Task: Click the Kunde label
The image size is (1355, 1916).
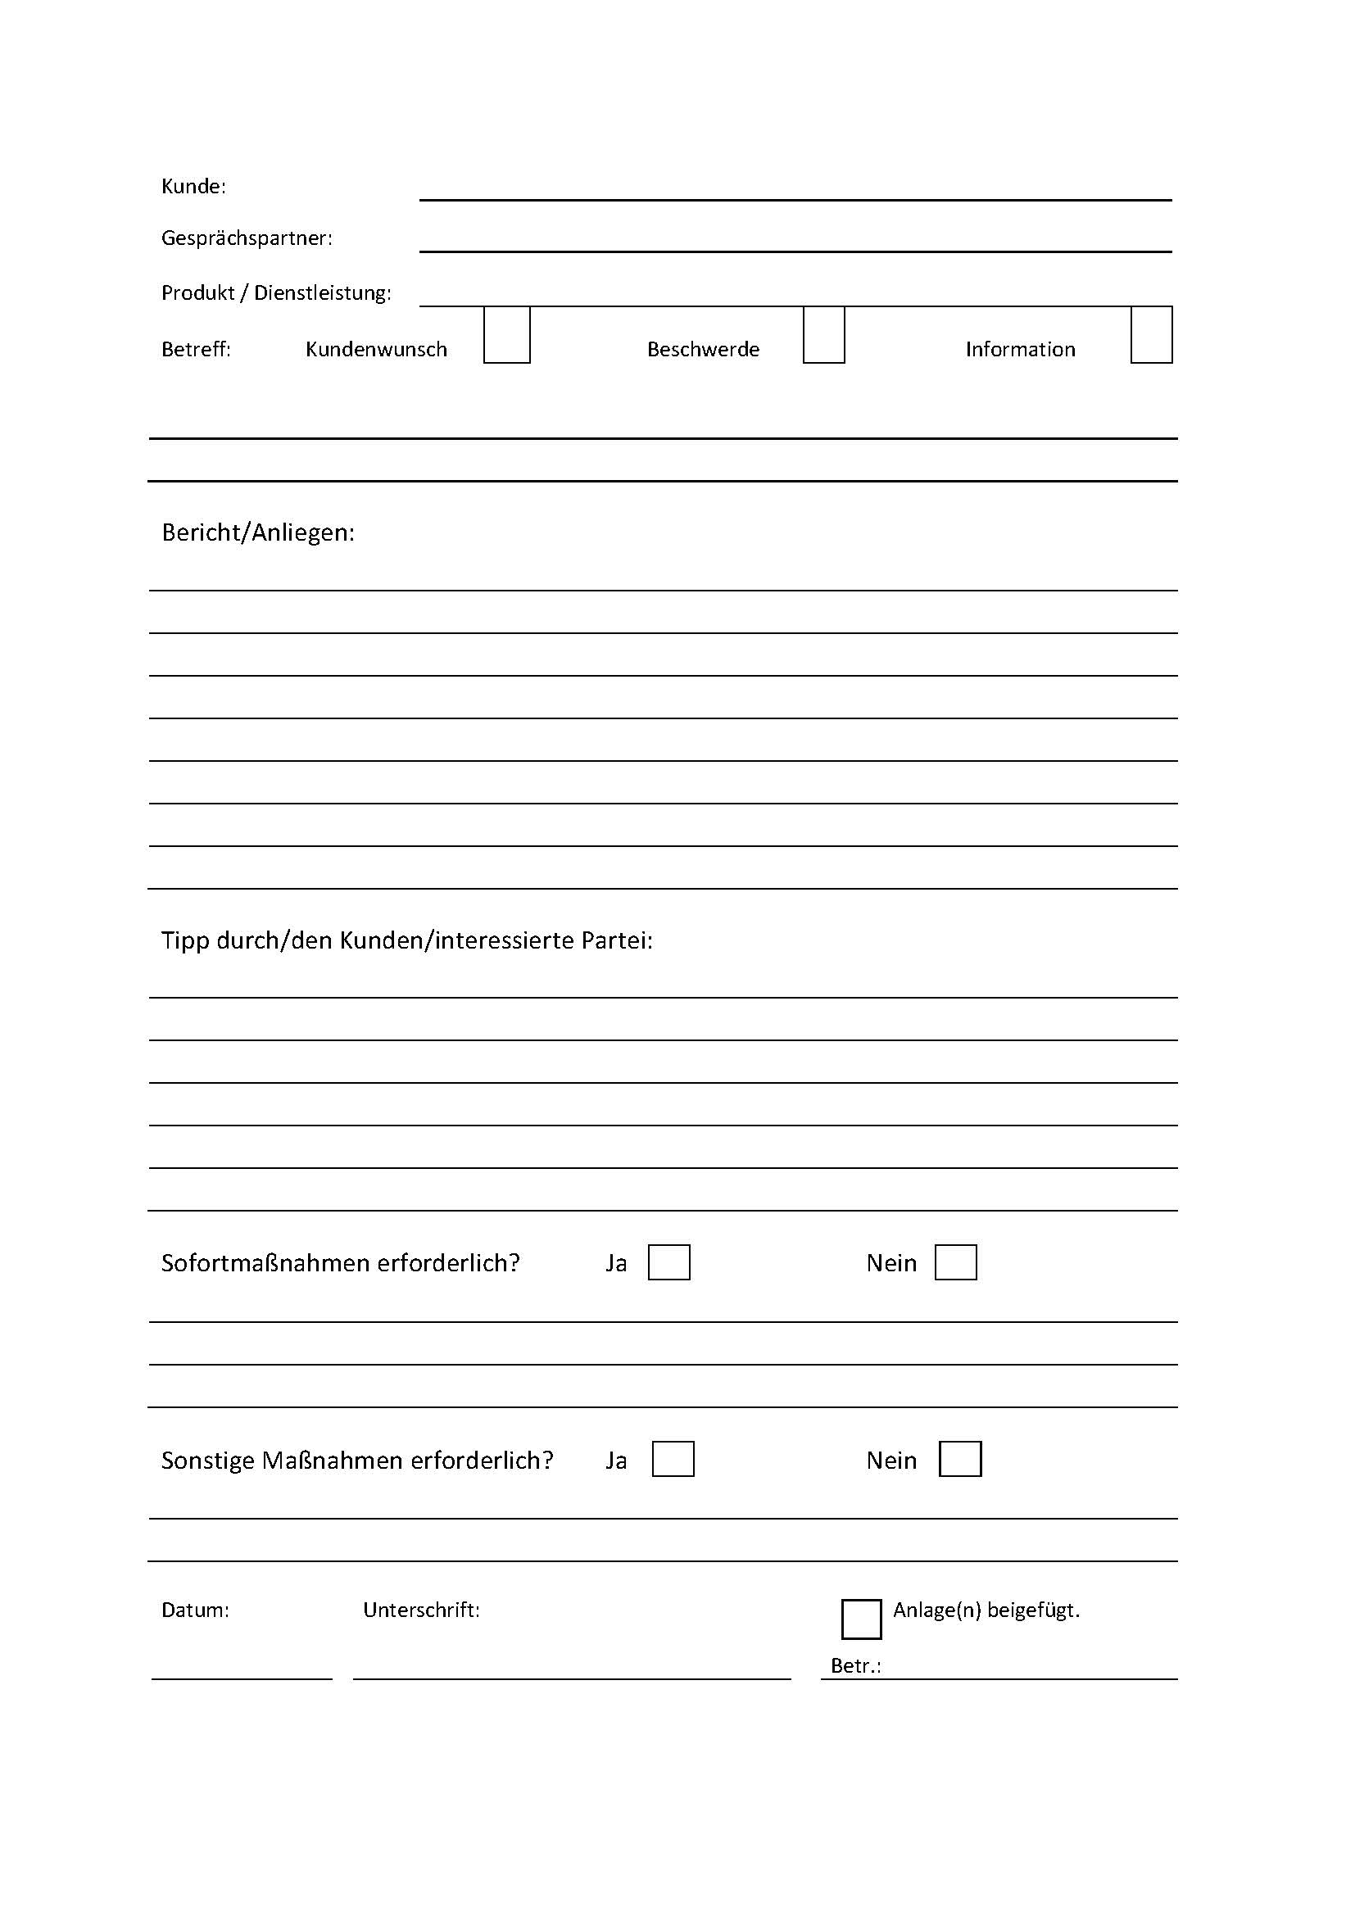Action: [x=193, y=186]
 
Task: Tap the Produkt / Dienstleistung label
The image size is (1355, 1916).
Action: [x=276, y=293]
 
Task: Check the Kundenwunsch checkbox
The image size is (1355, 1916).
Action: [x=506, y=336]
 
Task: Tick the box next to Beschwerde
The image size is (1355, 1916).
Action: [x=823, y=336]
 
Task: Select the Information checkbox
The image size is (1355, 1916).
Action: [x=1151, y=336]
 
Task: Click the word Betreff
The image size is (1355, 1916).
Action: [x=196, y=349]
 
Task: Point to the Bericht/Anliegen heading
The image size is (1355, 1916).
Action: [x=258, y=532]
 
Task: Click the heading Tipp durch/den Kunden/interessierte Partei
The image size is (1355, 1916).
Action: [x=406, y=940]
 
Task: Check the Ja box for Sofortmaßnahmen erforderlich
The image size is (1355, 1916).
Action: [x=669, y=1262]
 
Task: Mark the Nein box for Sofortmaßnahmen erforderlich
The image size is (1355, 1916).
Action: [x=955, y=1262]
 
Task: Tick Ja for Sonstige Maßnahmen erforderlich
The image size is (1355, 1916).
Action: [x=673, y=1460]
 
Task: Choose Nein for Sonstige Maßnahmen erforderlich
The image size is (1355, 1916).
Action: [x=959, y=1460]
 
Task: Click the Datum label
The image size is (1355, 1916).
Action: [x=195, y=1610]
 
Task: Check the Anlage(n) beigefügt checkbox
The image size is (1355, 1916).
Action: [x=861, y=1619]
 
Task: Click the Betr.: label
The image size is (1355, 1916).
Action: [x=855, y=1665]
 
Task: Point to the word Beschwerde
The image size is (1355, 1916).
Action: [x=704, y=349]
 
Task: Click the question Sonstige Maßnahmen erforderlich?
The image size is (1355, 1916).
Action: [x=357, y=1461]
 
